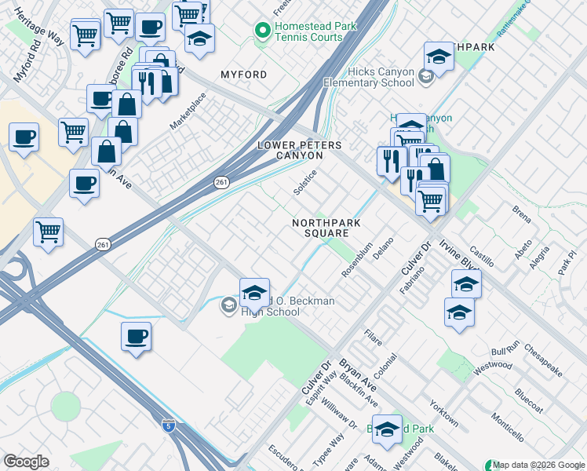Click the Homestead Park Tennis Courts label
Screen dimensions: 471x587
[x=308, y=31]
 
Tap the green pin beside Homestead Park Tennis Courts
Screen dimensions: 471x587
[x=262, y=31]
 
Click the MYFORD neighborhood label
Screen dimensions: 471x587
[x=243, y=75]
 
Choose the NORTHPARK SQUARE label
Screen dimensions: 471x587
[x=320, y=228]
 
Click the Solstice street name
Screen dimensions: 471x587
[x=304, y=183]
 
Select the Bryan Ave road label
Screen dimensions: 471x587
[x=358, y=376]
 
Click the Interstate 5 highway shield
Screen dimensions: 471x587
[x=168, y=425]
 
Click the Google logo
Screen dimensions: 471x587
[x=26, y=462]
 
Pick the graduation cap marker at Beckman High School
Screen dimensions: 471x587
[x=254, y=292]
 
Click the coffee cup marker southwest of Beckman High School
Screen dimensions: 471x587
[x=136, y=337]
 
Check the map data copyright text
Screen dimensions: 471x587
[x=539, y=465]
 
